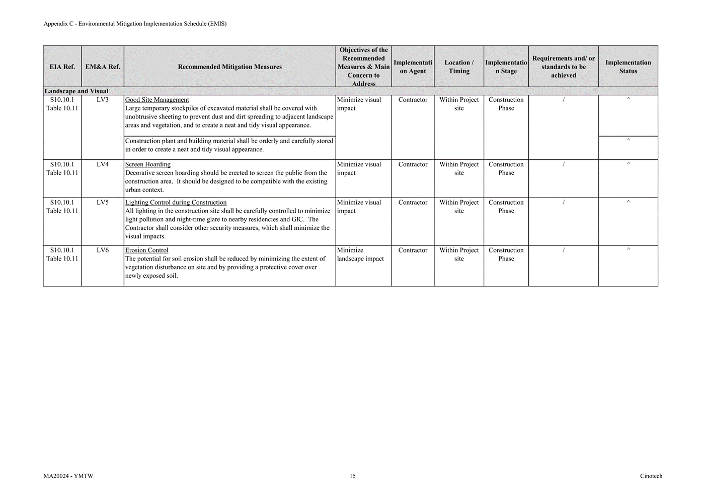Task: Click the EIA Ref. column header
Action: click(62, 67)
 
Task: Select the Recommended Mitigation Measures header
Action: click(229, 67)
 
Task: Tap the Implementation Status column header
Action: click(628, 67)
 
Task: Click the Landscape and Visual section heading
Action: click(76, 91)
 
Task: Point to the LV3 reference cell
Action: click(102, 100)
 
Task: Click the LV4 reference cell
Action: click(102, 164)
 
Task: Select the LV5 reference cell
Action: click(102, 203)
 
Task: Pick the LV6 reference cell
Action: click(102, 251)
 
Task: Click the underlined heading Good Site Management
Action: click(157, 100)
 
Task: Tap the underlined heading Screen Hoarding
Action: click(147, 164)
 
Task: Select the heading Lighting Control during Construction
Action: click(176, 203)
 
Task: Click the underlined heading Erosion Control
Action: click(146, 251)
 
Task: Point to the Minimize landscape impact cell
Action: click(360, 255)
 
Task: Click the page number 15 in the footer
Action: click(353, 476)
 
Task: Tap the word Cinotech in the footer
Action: click(651, 476)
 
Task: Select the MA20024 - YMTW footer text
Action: click(68, 476)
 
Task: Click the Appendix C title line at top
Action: click(135, 24)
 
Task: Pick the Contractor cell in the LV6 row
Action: click(413, 251)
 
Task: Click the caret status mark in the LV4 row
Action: click(628, 164)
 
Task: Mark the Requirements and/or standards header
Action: click(563, 67)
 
